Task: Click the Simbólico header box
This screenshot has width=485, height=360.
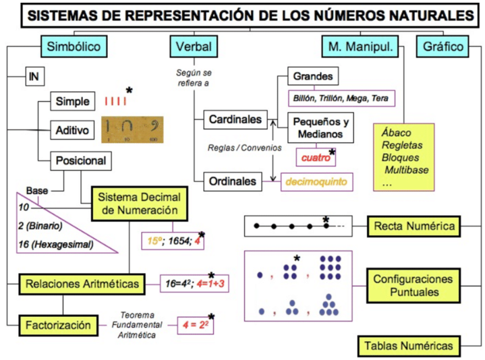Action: click(75, 47)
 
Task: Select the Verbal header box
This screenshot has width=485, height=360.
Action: click(193, 47)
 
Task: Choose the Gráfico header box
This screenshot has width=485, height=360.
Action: click(443, 47)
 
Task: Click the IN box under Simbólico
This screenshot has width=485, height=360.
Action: click(34, 76)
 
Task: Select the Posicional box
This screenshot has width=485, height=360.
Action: click(80, 160)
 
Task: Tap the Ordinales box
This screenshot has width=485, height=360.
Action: click(233, 181)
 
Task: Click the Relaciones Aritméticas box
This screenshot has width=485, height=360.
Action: click(82, 283)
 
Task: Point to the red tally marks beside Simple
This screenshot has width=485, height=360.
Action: click(115, 102)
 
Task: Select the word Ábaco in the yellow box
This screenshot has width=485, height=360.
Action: click(396, 133)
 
